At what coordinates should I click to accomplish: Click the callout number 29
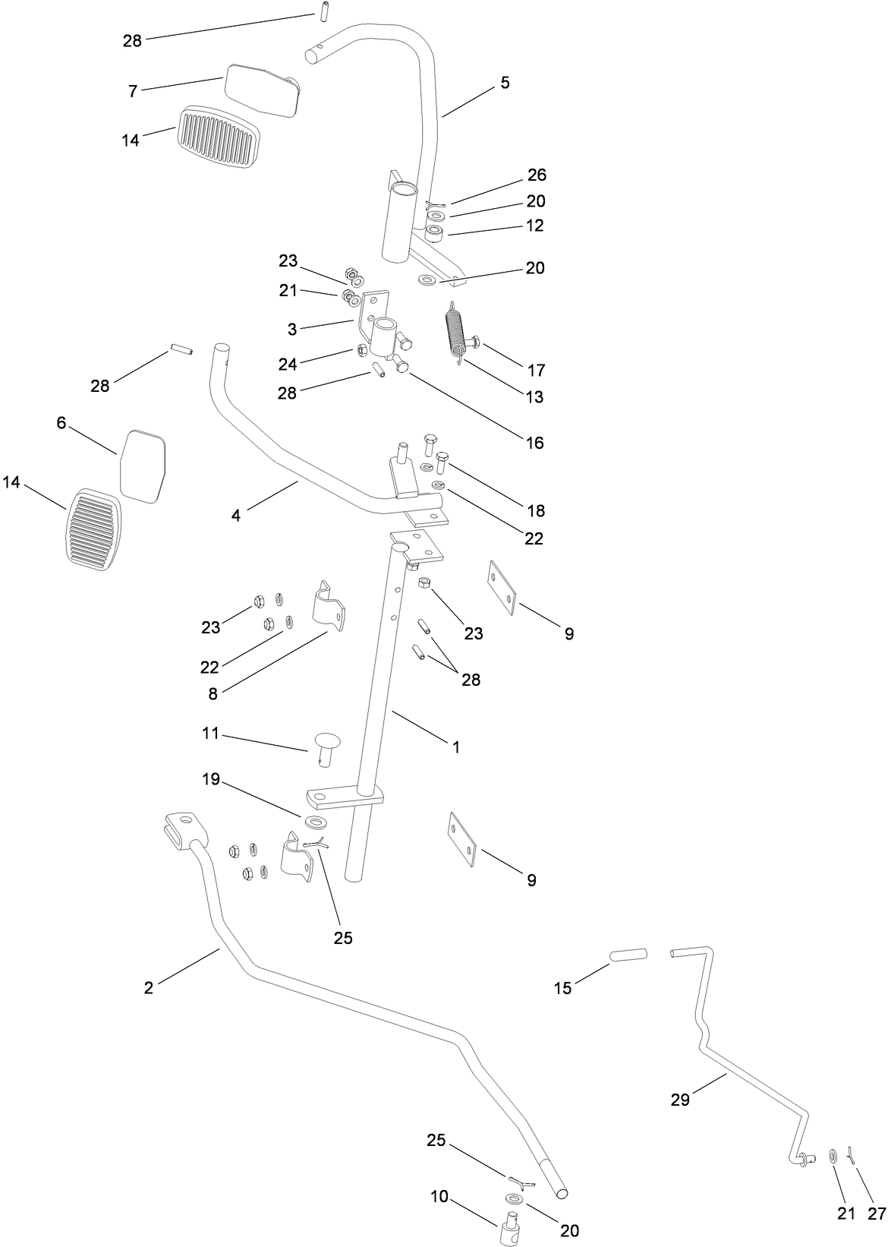pyautogui.click(x=680, y=1099)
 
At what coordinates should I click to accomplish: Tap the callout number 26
pyautogui.click(x=537, y=175)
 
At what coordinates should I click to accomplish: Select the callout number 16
pyautogui.click(x=535, y=442)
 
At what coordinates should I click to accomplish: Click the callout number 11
pyautogui.click(x=210, y=733)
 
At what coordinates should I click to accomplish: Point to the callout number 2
pyautogui.click(x=149, y=987)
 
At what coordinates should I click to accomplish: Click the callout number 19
pyautogui.click(x=210, y=779)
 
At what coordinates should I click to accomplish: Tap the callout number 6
pyautogui.click(x=61, y=422)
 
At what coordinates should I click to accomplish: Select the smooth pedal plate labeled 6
pyautogui.click(x=143, y=466)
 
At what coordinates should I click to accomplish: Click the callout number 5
pyautogui.click(x=505, y=82)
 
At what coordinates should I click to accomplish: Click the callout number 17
pyautogui.click(x=536, y=370)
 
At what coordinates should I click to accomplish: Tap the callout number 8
pyautogui.click(x=213, y=693)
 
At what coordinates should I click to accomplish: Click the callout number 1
pyautogui.click(x=456, y=747)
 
